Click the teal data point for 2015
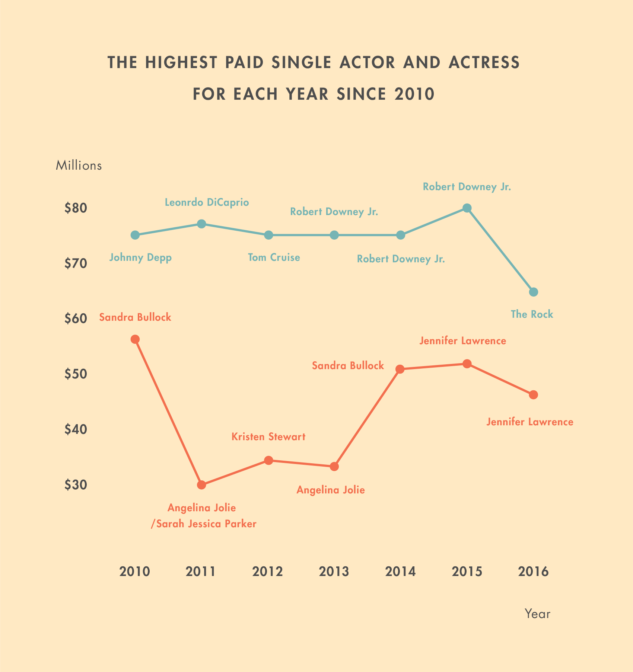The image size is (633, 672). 467,208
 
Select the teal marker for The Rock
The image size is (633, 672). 533,292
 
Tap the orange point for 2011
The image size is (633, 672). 201,485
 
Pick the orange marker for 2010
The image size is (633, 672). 135,339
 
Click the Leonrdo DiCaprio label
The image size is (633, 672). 207,203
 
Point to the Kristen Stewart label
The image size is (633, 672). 268,437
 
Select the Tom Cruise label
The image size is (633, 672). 274,257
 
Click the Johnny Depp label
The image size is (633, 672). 140,258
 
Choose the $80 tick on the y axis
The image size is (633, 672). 76,208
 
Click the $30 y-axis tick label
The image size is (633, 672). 76,485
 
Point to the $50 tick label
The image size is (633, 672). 76,374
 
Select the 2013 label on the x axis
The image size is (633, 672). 334,572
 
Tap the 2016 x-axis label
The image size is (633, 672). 533,572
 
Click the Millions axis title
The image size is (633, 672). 79,166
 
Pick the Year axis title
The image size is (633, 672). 537,614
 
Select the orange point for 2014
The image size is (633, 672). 400,369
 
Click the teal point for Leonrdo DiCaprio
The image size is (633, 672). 201,224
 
